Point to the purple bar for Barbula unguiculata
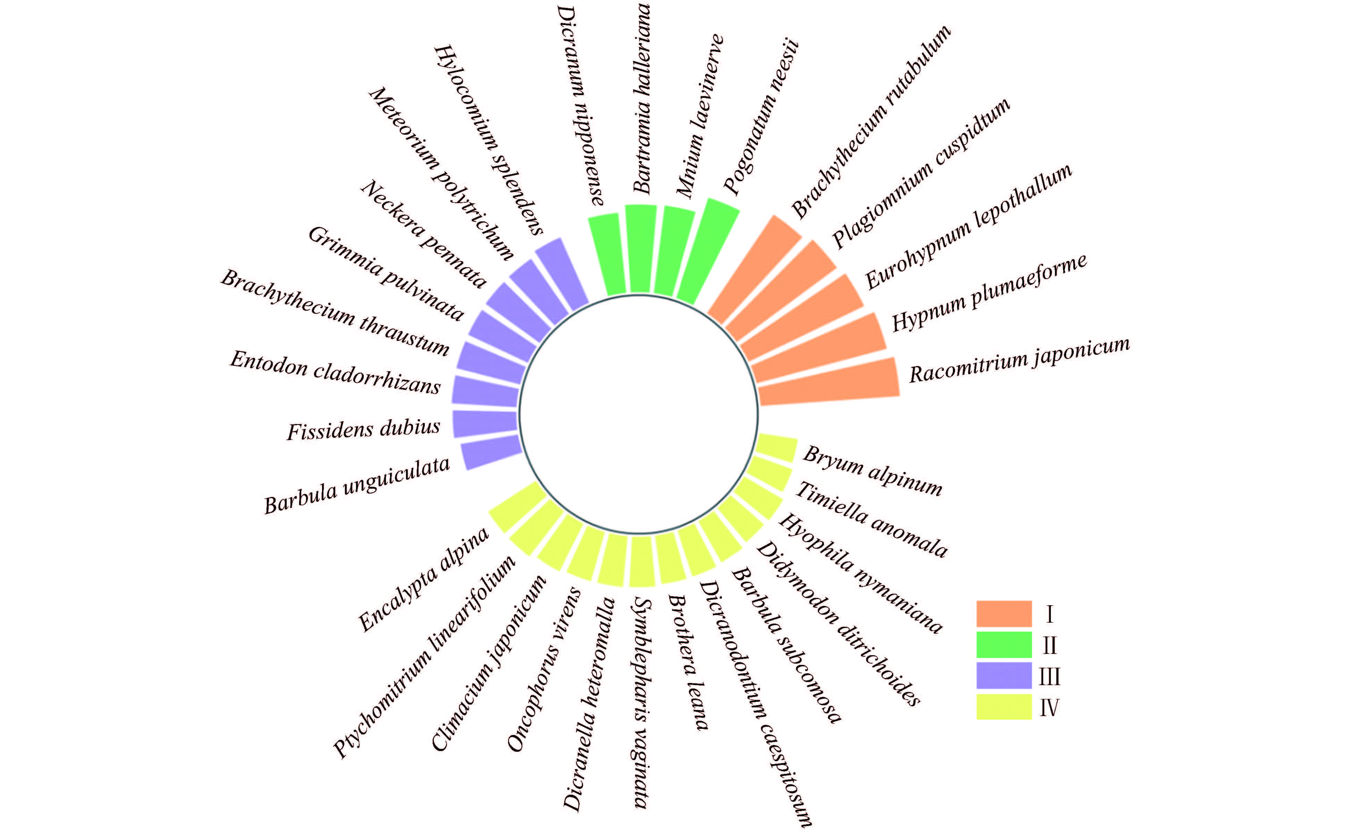pos(491,452)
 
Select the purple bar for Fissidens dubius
pos(485,424)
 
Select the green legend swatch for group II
pos(1003,644)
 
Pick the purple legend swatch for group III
pos(1003,675)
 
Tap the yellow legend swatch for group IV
pos(1003,707)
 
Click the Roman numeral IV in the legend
pos(1049,707)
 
